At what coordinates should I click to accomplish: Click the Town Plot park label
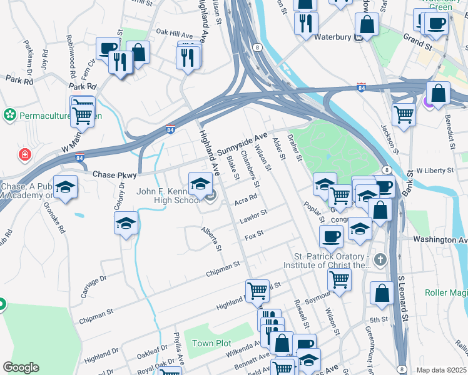(x=211, y=344)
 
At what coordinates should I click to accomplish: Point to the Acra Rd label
(x=246, y=199)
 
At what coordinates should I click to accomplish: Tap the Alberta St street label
(x=211, y=239)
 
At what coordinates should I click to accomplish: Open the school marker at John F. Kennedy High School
(x=200, y=184)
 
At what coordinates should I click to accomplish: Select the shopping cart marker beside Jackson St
(x=404, y=114)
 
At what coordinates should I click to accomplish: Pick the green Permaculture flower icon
(x=9, y=115)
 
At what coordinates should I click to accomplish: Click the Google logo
(x=21, y=367)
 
